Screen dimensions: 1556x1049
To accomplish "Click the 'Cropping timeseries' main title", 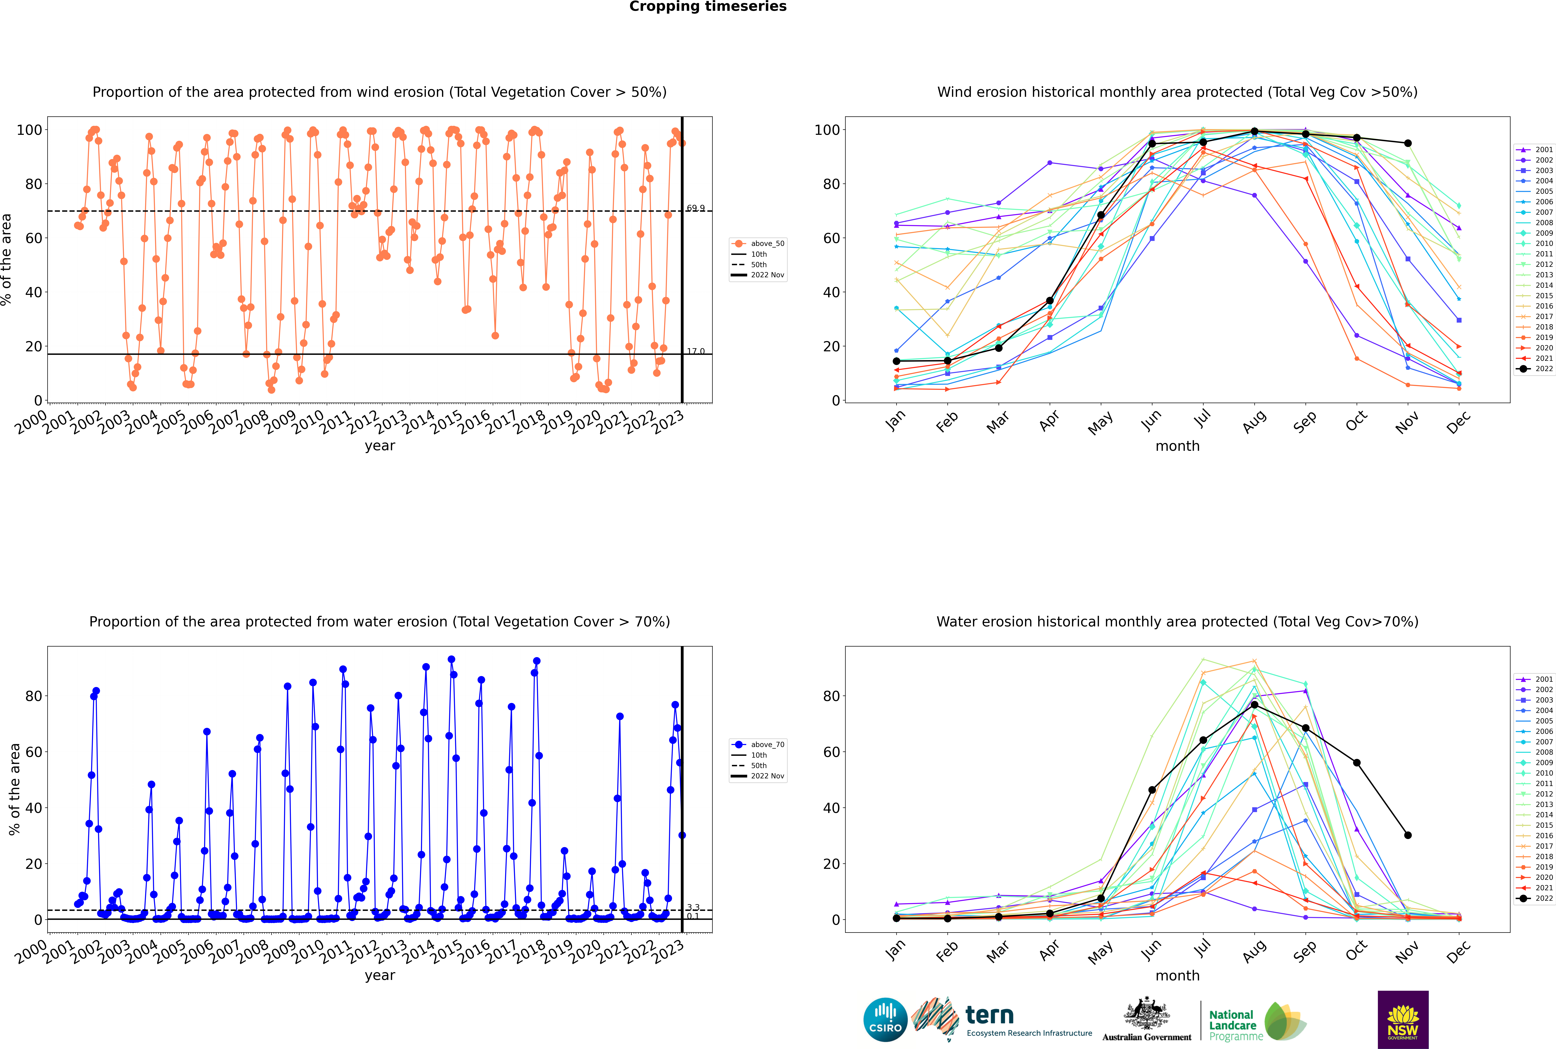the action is click(708, 7).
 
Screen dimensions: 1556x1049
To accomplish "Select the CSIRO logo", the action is click(885, 1020).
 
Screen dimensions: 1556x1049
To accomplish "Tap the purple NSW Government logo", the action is click(1403, 1020).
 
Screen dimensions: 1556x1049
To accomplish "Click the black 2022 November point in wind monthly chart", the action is click(1407, 143).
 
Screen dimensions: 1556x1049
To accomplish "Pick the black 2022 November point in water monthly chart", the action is click(1407, 835).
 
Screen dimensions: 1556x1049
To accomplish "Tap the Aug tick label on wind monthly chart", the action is click(1254, 421).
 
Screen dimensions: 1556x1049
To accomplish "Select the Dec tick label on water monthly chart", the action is click(1458, 951).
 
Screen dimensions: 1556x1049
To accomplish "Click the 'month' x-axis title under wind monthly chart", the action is click(1177, 446).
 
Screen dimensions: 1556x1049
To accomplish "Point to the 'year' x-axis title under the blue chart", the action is click(380, 975).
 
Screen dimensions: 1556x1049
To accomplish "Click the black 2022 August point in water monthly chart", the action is click(1254, 705).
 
